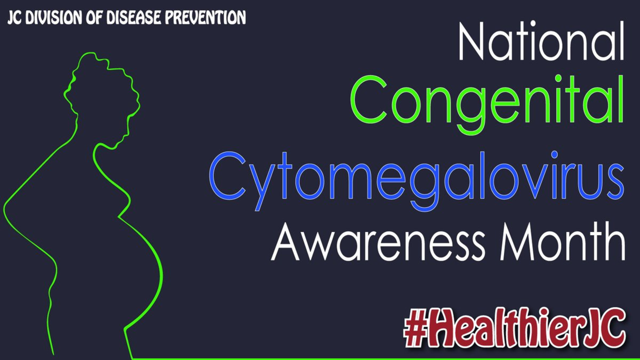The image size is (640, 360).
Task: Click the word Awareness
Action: (378, 241)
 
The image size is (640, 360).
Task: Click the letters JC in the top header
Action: (14, 18)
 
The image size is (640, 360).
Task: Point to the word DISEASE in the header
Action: (134, 18)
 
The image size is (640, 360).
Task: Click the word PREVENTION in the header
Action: (205, 18)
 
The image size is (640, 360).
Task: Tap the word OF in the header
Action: (94, 18)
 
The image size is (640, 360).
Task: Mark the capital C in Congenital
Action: (369, 100)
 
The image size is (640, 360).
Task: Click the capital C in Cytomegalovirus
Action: (227, 176)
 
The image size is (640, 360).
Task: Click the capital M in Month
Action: (517, 241)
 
